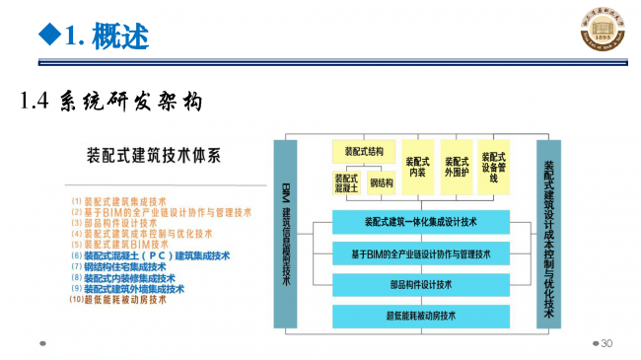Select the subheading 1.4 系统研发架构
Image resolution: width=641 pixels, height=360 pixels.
(x=110, y=101)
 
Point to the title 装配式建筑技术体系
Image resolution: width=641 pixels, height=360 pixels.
(x=153, y=155)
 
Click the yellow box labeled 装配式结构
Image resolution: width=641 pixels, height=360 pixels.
(x=364, y=151)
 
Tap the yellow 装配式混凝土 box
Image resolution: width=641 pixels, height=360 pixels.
(x=346, y=182)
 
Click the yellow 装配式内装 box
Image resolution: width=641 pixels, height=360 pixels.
(x=418, y=167)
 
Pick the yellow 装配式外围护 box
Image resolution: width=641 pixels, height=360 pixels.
(x=456, y=167)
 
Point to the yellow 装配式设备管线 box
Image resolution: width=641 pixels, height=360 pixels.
(x=493, y=167)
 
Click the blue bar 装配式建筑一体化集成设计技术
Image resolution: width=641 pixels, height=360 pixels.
(x=420, y=222)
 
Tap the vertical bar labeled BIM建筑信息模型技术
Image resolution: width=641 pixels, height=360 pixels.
(x=285, y=233)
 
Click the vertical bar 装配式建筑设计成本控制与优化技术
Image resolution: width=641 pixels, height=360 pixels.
(x=548, y=233)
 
